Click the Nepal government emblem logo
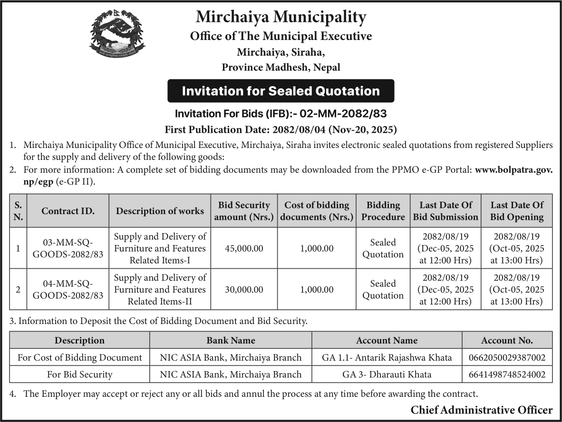coord(117,35)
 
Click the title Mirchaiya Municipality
coord(281,18)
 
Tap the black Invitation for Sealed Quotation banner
coord(281,91)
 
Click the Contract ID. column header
coord(68,211)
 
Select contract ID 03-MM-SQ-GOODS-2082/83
coord(68,248)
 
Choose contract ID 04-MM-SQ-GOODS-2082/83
coord(68,290)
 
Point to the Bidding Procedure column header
coord(383,211)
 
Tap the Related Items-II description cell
coord(160,290)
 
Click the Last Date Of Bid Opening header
coord(517,211)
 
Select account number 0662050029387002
coord(507,357)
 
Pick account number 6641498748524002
coord(507,374)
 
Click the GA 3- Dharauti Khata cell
coord(387,374)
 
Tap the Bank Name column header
coord(231,340)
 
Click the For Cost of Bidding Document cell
coord(79,357)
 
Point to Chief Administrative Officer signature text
coord(481,410)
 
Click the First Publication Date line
coord(281,129)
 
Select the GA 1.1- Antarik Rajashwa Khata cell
coord(387,357)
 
